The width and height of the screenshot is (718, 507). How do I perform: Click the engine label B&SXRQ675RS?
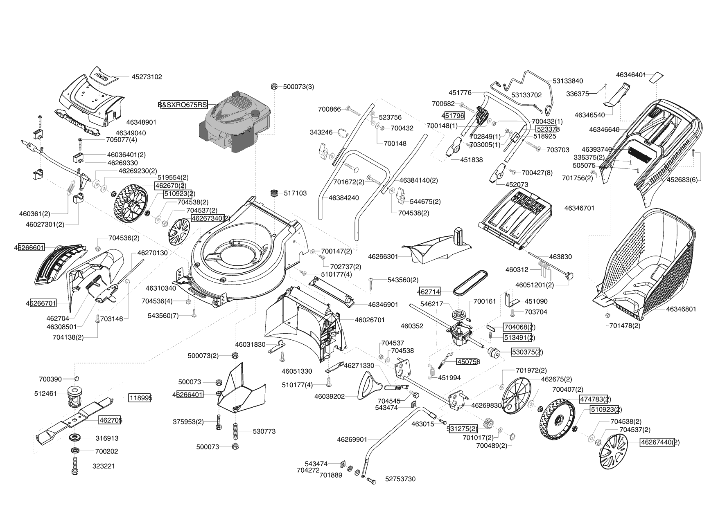click(x=183, y=105)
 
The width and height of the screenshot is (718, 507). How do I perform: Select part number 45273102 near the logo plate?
click(x=147, y=76)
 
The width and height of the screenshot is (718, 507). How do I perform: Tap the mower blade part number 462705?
click(x=110, y=420)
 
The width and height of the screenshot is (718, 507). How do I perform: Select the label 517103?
click(x=295, y=193)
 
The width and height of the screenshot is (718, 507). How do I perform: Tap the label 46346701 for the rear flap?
click(x=579, y=208)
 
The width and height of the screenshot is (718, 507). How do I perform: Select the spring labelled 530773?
click(x=236, y=431)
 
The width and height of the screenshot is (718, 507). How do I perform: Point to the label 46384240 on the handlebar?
click(x=344, y=198)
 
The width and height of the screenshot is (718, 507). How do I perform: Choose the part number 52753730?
click(x=400, y=479)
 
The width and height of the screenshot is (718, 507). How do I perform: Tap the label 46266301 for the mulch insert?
click(x=383, y=256)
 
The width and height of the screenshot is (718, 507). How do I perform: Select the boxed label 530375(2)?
click(x=526, y=352)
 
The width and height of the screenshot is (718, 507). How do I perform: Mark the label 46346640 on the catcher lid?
click(x=604, y=130)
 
